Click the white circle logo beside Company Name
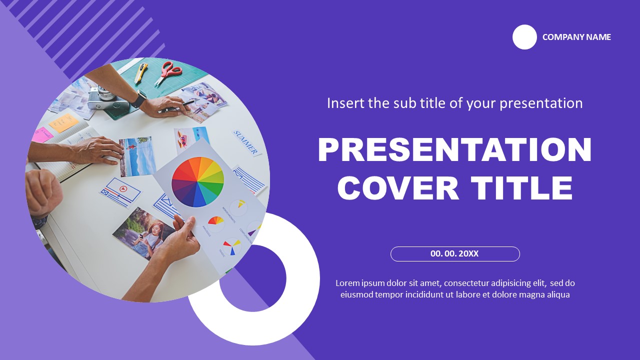524,37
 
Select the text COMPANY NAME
576,37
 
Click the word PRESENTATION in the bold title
454,150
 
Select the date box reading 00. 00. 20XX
455,254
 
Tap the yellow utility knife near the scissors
141,72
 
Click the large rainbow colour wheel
197,181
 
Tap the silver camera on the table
107,97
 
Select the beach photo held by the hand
137,156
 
